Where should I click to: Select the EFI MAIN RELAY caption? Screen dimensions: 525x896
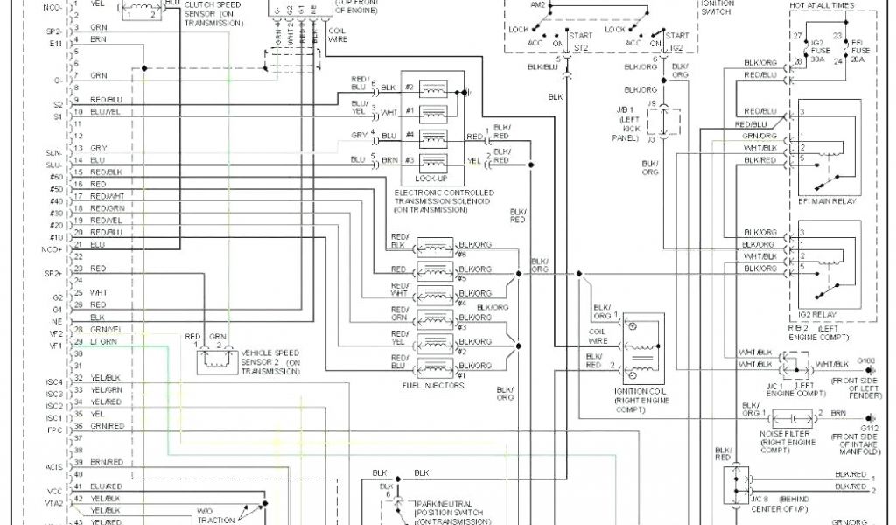coord(827,200)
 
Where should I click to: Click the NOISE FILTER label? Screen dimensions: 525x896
coord(784,434)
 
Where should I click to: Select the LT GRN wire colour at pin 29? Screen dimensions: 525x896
coord(103,341)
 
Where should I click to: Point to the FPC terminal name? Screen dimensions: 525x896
coord(54,430)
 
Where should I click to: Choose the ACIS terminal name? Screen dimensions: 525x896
coord(54,467)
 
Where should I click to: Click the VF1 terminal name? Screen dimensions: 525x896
coord(55,346)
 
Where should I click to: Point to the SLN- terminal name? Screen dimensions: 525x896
coord(54,152)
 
